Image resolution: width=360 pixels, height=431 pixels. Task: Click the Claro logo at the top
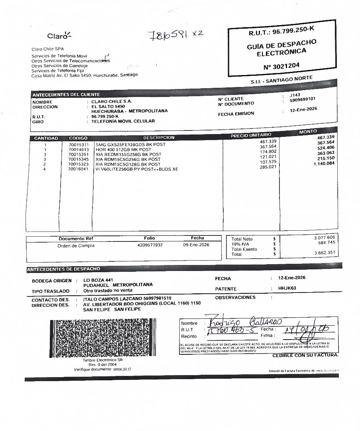point(59,36)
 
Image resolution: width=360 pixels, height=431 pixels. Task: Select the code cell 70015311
point(79,144)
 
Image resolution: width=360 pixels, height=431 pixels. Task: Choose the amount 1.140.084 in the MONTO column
point(324,163)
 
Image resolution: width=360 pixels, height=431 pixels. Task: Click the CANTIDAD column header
point(46,138)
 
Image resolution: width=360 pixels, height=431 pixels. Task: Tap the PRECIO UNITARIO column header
point(251,135)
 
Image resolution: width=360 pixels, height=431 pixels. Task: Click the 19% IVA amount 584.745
point(326,243)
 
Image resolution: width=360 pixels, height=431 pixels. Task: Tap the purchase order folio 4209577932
point(150,245)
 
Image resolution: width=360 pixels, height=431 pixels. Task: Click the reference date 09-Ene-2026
point(196,245)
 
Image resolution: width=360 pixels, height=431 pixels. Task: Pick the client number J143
point(295,95)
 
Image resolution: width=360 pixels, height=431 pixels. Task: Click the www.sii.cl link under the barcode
point(122,369)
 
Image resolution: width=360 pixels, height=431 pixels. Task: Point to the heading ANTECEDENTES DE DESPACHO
point(63,269)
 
